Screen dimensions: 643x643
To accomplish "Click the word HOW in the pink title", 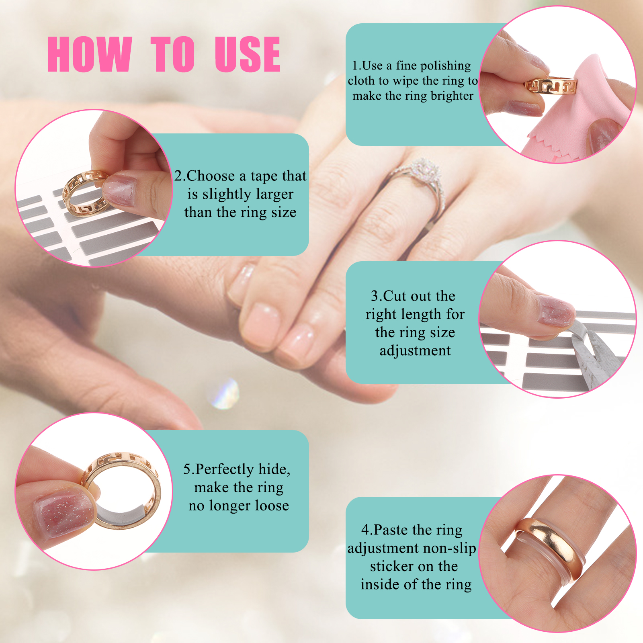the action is [x=90, y=54].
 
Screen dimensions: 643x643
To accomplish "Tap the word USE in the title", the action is [x=248, y=54].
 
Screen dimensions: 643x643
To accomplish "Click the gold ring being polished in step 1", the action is [x=551, y=86].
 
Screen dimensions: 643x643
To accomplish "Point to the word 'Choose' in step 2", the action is [x=211, y=176].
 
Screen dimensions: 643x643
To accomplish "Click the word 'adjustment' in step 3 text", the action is [x=415, y=351].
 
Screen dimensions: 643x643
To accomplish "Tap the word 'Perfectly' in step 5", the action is [x=225, y=469].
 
